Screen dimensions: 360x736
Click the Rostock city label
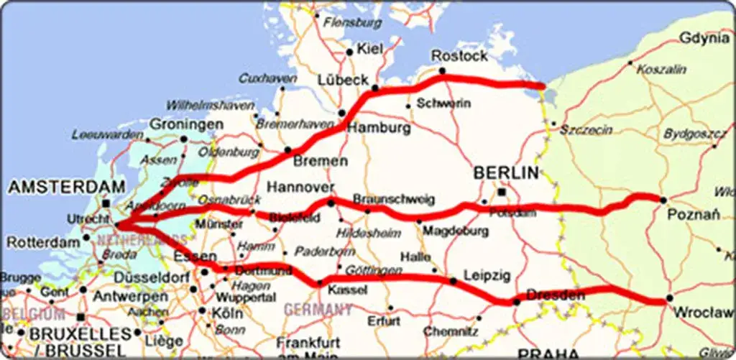click(x=459, y=55)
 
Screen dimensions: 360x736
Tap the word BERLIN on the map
click(x=506, y=172)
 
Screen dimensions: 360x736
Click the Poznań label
click(x=691, y=215)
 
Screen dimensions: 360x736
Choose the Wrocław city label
click(x=702, y=313)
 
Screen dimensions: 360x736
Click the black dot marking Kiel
click(x=350, y=52)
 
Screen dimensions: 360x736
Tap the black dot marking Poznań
click(x=663, y=200)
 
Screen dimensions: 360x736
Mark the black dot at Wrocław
click(x=669, y=298)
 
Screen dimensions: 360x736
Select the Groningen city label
click(x=185, y=124)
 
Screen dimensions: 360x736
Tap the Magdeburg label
click(x=451, y=231)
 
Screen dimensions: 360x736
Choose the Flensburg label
click(x=352, y=23)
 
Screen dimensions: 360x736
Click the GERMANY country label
click(x=318, y=310)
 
